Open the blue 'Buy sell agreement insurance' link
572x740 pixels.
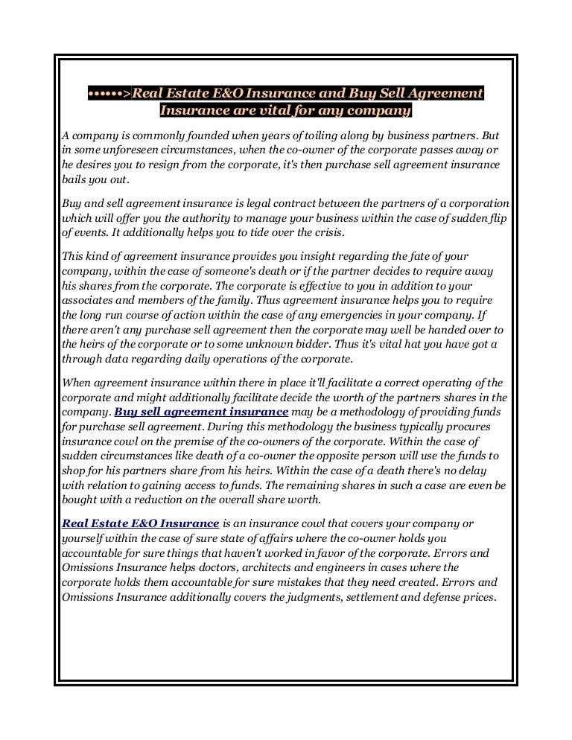201,411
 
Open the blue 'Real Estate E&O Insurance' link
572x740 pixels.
140,524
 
